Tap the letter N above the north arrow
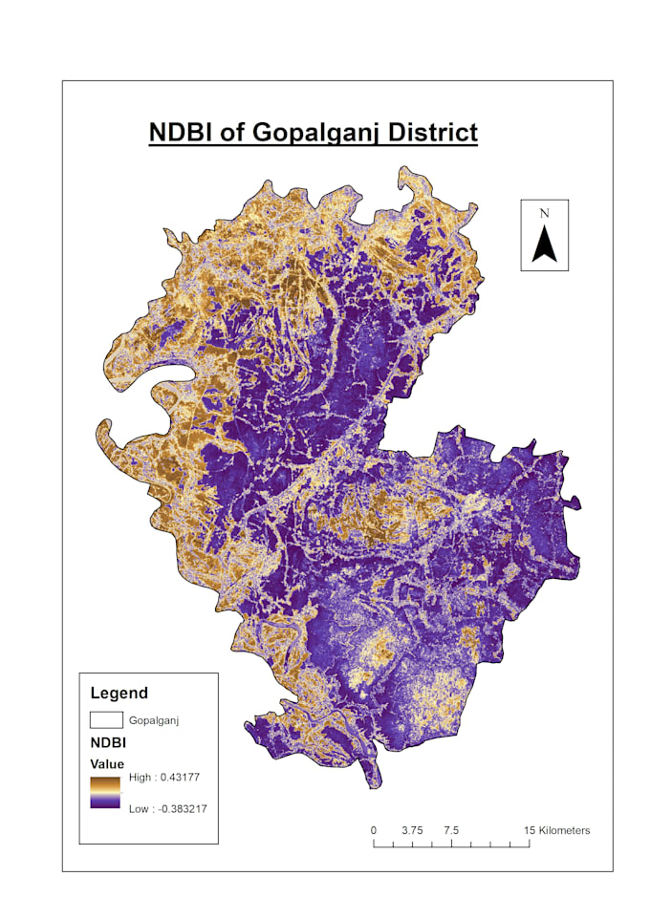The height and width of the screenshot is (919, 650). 544,213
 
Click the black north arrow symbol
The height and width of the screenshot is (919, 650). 544,244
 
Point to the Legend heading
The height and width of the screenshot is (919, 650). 119,693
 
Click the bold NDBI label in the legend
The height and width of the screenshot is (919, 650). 109,742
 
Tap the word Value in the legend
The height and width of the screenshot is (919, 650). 107,763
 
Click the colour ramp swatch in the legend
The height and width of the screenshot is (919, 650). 105,793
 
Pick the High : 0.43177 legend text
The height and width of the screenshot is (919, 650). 163,779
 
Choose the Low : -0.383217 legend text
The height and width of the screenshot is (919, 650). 168,809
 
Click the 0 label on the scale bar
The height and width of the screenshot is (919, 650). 373,830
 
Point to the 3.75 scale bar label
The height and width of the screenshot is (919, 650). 412,830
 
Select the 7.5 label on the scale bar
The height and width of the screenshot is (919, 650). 451,830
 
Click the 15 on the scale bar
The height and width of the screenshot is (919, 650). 530,830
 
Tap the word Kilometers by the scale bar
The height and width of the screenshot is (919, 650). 565,830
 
